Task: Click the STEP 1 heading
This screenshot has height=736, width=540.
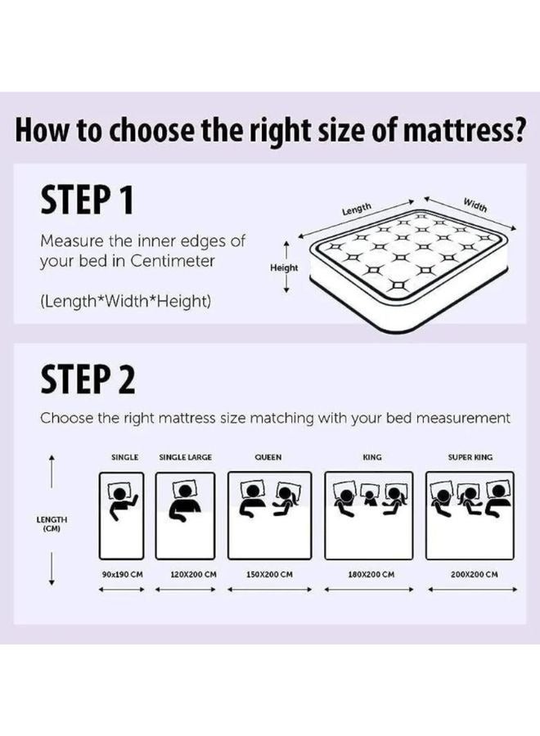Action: pos(86,200)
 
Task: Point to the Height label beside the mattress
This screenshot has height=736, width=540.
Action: pos(285,267)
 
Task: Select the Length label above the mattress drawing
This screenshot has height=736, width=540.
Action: pos(357,209)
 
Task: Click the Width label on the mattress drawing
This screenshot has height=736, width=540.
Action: pos(475,204)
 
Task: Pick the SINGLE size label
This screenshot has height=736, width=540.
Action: pos(124,457)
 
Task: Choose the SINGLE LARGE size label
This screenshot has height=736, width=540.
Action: pos(186,457)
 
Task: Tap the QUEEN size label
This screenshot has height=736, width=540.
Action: pos(268,457)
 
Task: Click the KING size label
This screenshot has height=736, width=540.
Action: pos(372,457)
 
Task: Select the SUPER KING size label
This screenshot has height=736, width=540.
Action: pos(470,457)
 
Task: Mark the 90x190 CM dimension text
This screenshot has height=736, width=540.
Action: pos(123,574)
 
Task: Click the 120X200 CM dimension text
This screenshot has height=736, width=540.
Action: pos(193,574)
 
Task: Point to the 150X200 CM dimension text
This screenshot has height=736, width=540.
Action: pos(269,574)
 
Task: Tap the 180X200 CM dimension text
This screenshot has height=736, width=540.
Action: pos(371,574)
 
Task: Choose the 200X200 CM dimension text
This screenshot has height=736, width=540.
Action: pos(475,574)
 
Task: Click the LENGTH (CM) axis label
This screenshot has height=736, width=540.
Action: pos(52,524)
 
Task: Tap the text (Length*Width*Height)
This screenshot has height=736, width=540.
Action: pos(125,302)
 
